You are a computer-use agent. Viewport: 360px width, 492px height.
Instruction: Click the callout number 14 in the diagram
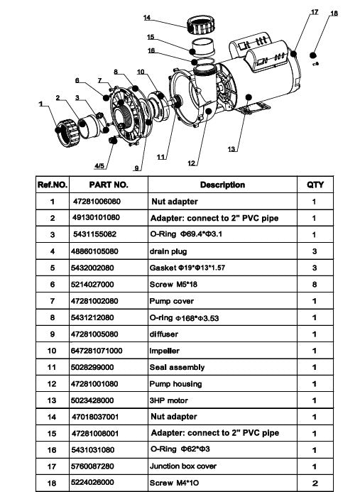pos(147,18)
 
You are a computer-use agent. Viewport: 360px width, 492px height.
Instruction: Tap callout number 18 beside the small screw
pos(334,13)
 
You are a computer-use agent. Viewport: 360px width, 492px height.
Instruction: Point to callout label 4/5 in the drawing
pos(104,165)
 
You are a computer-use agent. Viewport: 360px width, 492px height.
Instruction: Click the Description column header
pos(222,185)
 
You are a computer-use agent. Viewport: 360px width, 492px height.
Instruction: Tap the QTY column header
pos(315,185)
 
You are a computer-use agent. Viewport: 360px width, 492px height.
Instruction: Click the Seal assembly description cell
pos(177,367)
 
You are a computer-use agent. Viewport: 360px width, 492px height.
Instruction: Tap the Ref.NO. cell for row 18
pos(53,483)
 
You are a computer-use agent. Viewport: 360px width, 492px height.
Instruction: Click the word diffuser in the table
pos(163,334)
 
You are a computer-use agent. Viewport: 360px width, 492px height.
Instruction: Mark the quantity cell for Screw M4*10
pos(315,483)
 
